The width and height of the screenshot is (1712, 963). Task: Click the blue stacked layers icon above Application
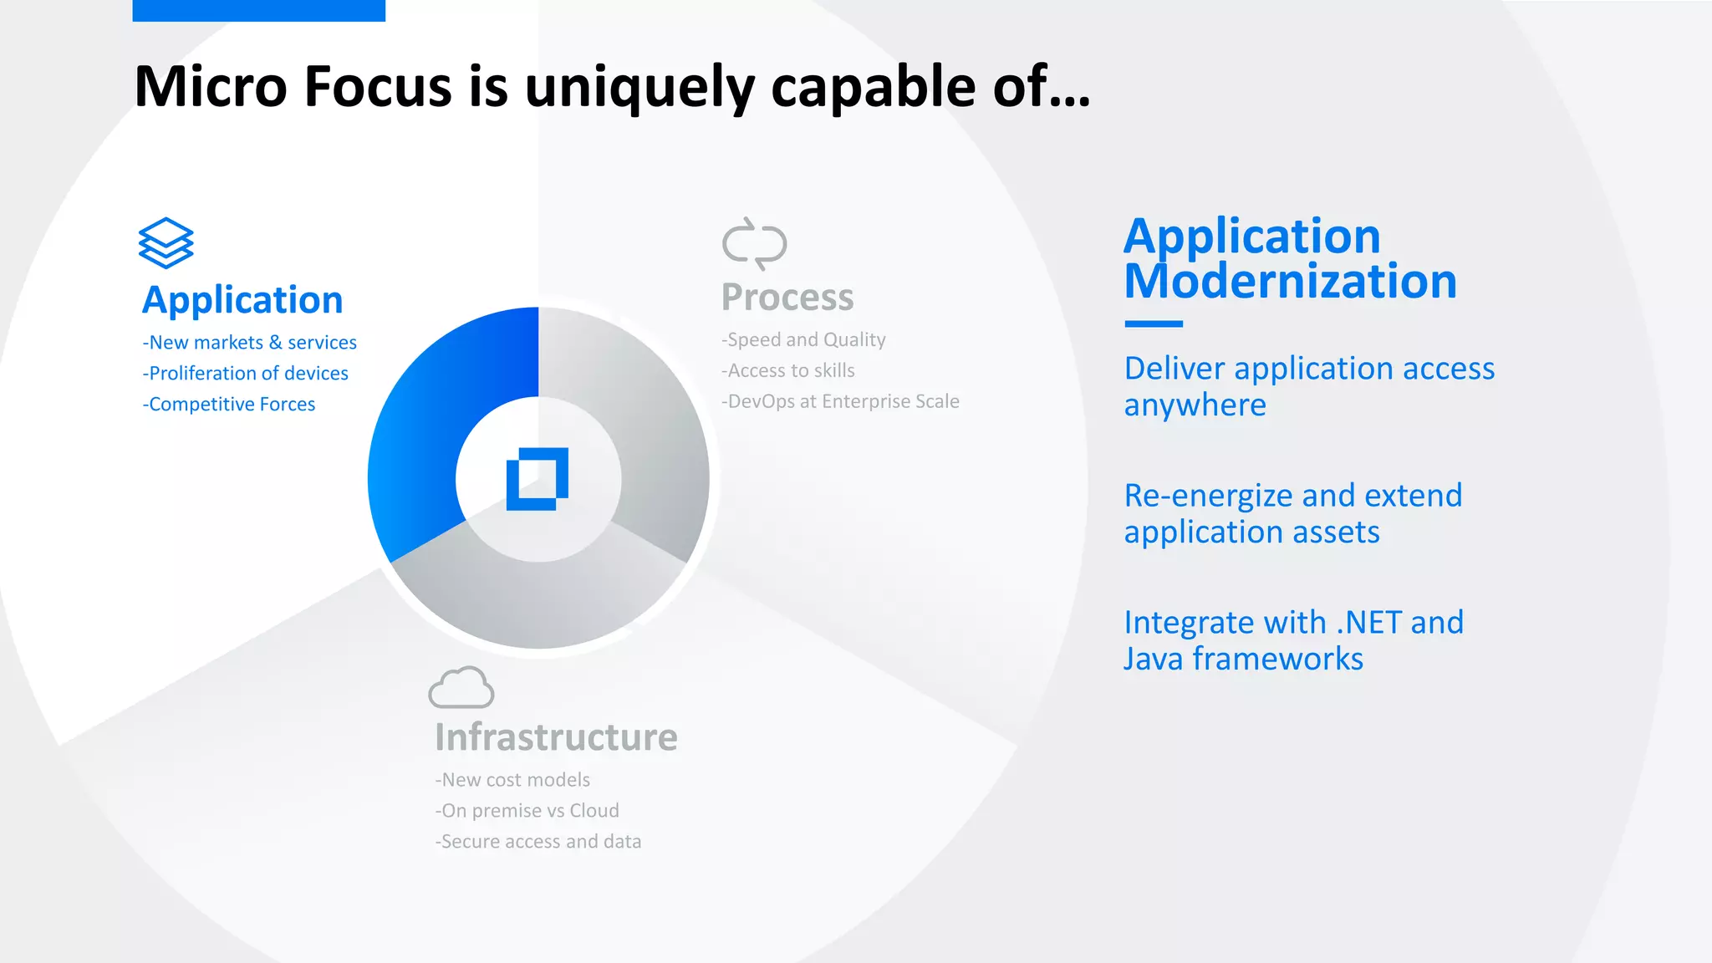166,243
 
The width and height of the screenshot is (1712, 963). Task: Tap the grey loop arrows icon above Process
754,244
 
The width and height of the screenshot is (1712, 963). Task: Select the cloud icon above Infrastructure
461,688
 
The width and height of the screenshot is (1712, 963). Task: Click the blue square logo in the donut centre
538,479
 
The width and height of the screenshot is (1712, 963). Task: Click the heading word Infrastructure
556,737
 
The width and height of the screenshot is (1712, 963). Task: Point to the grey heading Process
787,298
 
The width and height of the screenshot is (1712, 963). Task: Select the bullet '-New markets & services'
250,343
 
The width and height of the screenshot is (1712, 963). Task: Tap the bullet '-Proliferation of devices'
246,374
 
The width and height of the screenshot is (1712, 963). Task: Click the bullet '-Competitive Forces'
229,405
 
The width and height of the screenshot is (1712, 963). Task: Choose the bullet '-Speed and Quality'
803,340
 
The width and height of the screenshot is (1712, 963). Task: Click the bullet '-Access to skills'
788,371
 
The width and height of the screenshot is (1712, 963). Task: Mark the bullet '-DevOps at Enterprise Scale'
840,402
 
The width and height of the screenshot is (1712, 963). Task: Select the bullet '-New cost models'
512,780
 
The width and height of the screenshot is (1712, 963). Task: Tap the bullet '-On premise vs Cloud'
527,811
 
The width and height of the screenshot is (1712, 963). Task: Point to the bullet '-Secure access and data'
538,842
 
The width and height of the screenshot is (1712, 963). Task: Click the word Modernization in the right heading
1290,282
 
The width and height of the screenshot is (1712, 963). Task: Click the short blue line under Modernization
1154,324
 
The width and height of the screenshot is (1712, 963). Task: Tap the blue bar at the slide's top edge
258,10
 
